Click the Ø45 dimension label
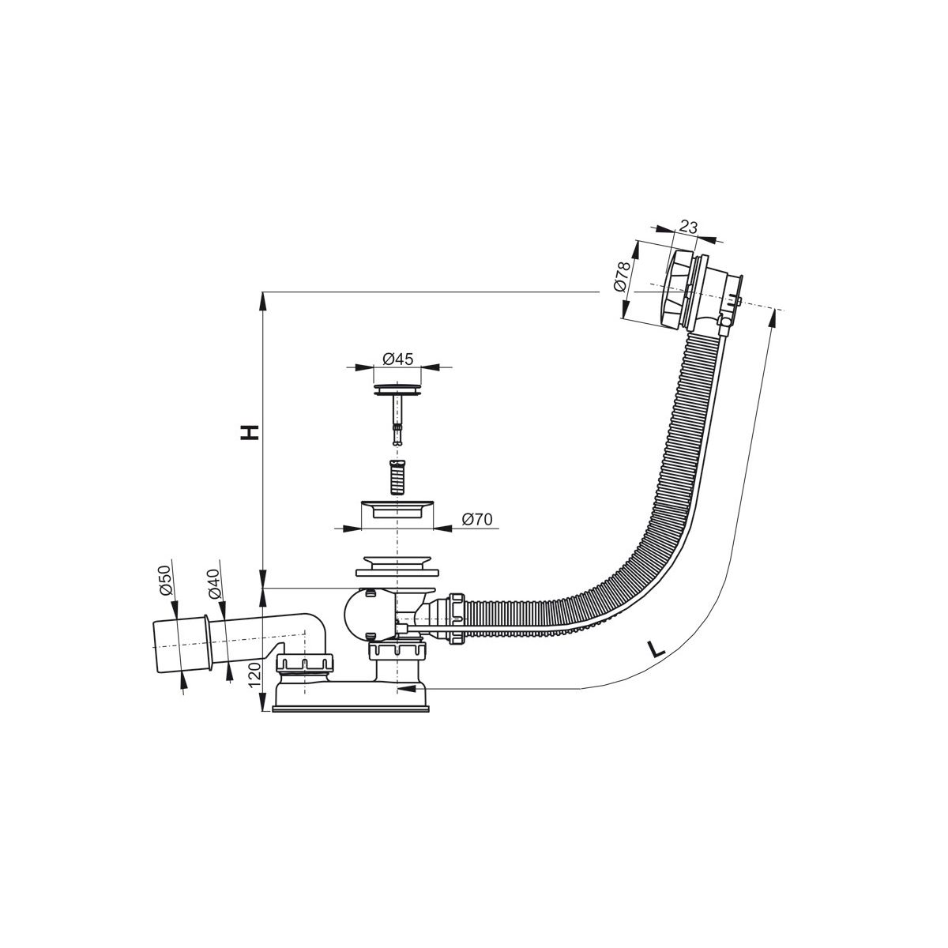pos(398,359)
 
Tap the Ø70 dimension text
pos(477,519)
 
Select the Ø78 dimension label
pos(623,277)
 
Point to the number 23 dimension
pos(689,228)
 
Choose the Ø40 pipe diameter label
pos(213,584)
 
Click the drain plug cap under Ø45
pos(397,389)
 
